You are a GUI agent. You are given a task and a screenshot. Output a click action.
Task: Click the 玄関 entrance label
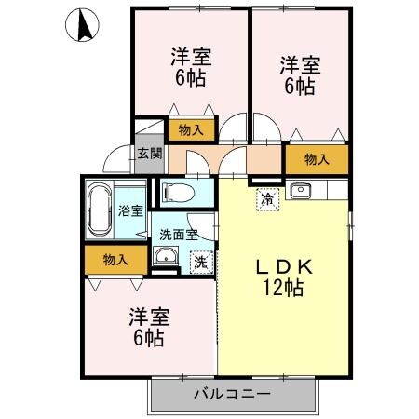[150, 154]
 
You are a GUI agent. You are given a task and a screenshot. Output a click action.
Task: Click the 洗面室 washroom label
[177, 236]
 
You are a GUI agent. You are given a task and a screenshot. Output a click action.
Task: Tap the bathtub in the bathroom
[100, 210]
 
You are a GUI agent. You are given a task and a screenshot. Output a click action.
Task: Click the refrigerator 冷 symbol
[268, 197]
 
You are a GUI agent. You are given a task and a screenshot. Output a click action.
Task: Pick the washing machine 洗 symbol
[200, 263]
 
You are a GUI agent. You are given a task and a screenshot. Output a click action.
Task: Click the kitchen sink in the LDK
[300, 193]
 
